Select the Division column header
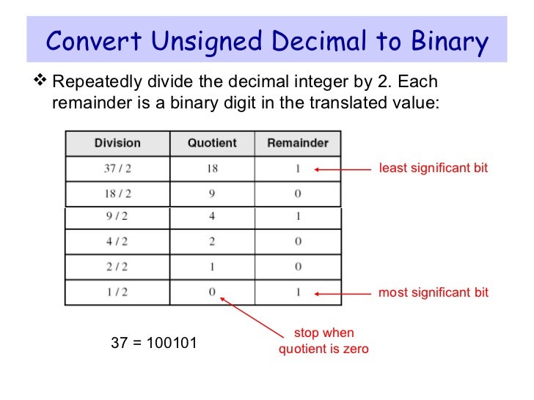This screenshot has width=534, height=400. pyautogui.click(x=117, y=143)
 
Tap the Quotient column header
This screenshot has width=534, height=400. pyautogui.click(x=212, y=143)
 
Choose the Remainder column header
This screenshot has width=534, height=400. pyautogui.click(x=298, y=143)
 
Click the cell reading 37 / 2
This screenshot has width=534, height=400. pyautogui.click(x=117, y=168)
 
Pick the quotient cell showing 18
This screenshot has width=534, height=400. pyautogui.click(x=212, y=168)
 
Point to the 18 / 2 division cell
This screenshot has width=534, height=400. pyautogui.click(x=117, y=194)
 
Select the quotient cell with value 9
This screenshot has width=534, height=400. pyautogui.click(x=212, y=194)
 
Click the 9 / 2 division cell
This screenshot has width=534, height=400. pyautogui.click(x=117, y=218)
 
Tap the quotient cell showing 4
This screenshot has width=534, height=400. pyautogui.click(x=212, y=218)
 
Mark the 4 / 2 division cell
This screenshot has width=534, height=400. pyautogui.click(x=117, y=242)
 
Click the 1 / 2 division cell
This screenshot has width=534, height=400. pyautogui.click(x=117, y=292)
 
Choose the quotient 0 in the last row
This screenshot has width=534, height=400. pyautogui.click(x=212, y=292)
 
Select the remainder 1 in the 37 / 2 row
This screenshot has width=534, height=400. pyautogui.click(x=298, y=168)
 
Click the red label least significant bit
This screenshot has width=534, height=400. pyautogui.click(x=433, y=168)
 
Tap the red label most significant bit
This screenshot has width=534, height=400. pyautogui.click(x=433, y=292)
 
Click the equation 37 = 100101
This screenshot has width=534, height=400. pyautogui.click(x=153, y=341)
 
